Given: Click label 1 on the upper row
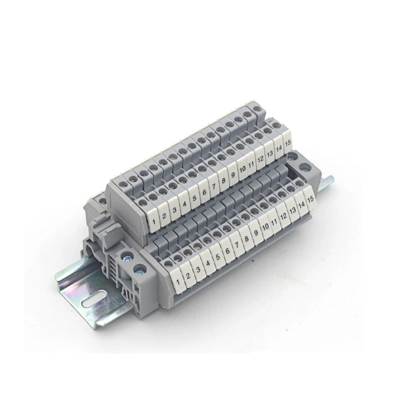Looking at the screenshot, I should [156, 217].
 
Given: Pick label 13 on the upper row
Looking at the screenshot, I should [269, 153].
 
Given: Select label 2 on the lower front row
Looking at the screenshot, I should [188, 275].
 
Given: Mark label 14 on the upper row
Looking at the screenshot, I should [278, 148].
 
